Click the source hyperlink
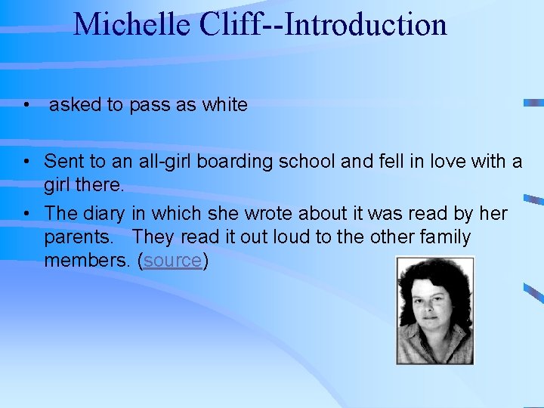click(x=173, y=261)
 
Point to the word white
click(x=224, y=105)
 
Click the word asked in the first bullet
click(x=75, y=105)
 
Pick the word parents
click(x=79, y=238)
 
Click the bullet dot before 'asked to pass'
click(x=26, y=105)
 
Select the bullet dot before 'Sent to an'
click(x=26, y=161)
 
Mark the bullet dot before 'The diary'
click(x=26, y=215)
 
